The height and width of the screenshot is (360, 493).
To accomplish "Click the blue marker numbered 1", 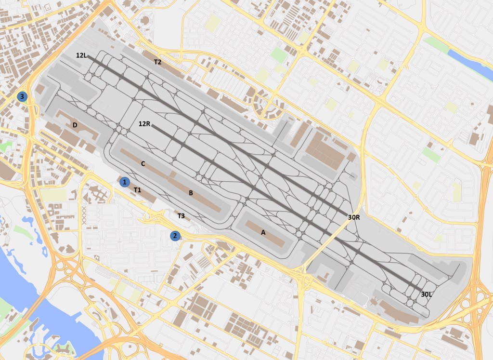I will [x=125, y=182].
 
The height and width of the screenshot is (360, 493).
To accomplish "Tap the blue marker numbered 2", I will [x=175, y=236].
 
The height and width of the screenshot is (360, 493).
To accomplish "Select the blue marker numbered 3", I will [x=22, y=96].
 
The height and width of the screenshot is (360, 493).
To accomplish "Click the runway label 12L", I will [x=81, y=55].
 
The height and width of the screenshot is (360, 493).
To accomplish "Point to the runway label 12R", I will [x=144, y=124].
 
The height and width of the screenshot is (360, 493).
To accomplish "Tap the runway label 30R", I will [x=354, y=217].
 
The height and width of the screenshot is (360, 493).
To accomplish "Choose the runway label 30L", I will [x=427, y=294].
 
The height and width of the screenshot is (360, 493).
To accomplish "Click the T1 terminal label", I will [x=137, y=190].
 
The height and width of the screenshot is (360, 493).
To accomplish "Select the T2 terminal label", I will [x=157, y=62].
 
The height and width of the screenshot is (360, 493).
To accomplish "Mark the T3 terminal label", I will [x=181, y=216].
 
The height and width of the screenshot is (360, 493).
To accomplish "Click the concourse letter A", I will [x=263, y=232].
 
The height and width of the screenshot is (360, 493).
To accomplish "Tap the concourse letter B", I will [x=191, y=193].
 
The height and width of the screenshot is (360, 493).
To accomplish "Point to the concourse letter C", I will [x=143, y=163].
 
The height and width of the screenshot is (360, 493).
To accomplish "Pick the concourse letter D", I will [x=75, y=125].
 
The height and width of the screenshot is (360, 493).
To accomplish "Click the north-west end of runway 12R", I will [x=153, y=126].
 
